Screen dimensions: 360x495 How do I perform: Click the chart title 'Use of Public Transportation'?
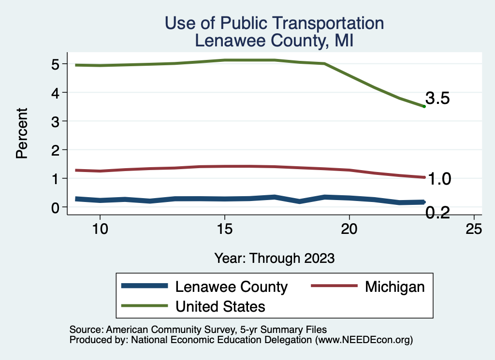tap(274, 23)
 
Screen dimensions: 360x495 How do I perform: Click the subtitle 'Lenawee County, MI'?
tap(274, 41)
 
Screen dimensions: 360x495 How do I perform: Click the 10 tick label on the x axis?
tap(100, 229)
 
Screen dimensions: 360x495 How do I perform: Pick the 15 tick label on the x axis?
tap(224, 229)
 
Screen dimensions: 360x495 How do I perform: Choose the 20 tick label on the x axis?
tap(349, 229)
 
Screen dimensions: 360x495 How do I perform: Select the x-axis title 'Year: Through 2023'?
tap(274, 258)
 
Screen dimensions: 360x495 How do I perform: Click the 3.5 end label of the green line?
tap(438, 99)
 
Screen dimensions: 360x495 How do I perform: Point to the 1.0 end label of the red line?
tap(440, 179)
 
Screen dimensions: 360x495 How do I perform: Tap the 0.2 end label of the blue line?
tap(438, 212)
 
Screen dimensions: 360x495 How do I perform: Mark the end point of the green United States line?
tap(424, 106)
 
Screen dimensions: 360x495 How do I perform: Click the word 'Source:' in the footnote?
tap(86, 330)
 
